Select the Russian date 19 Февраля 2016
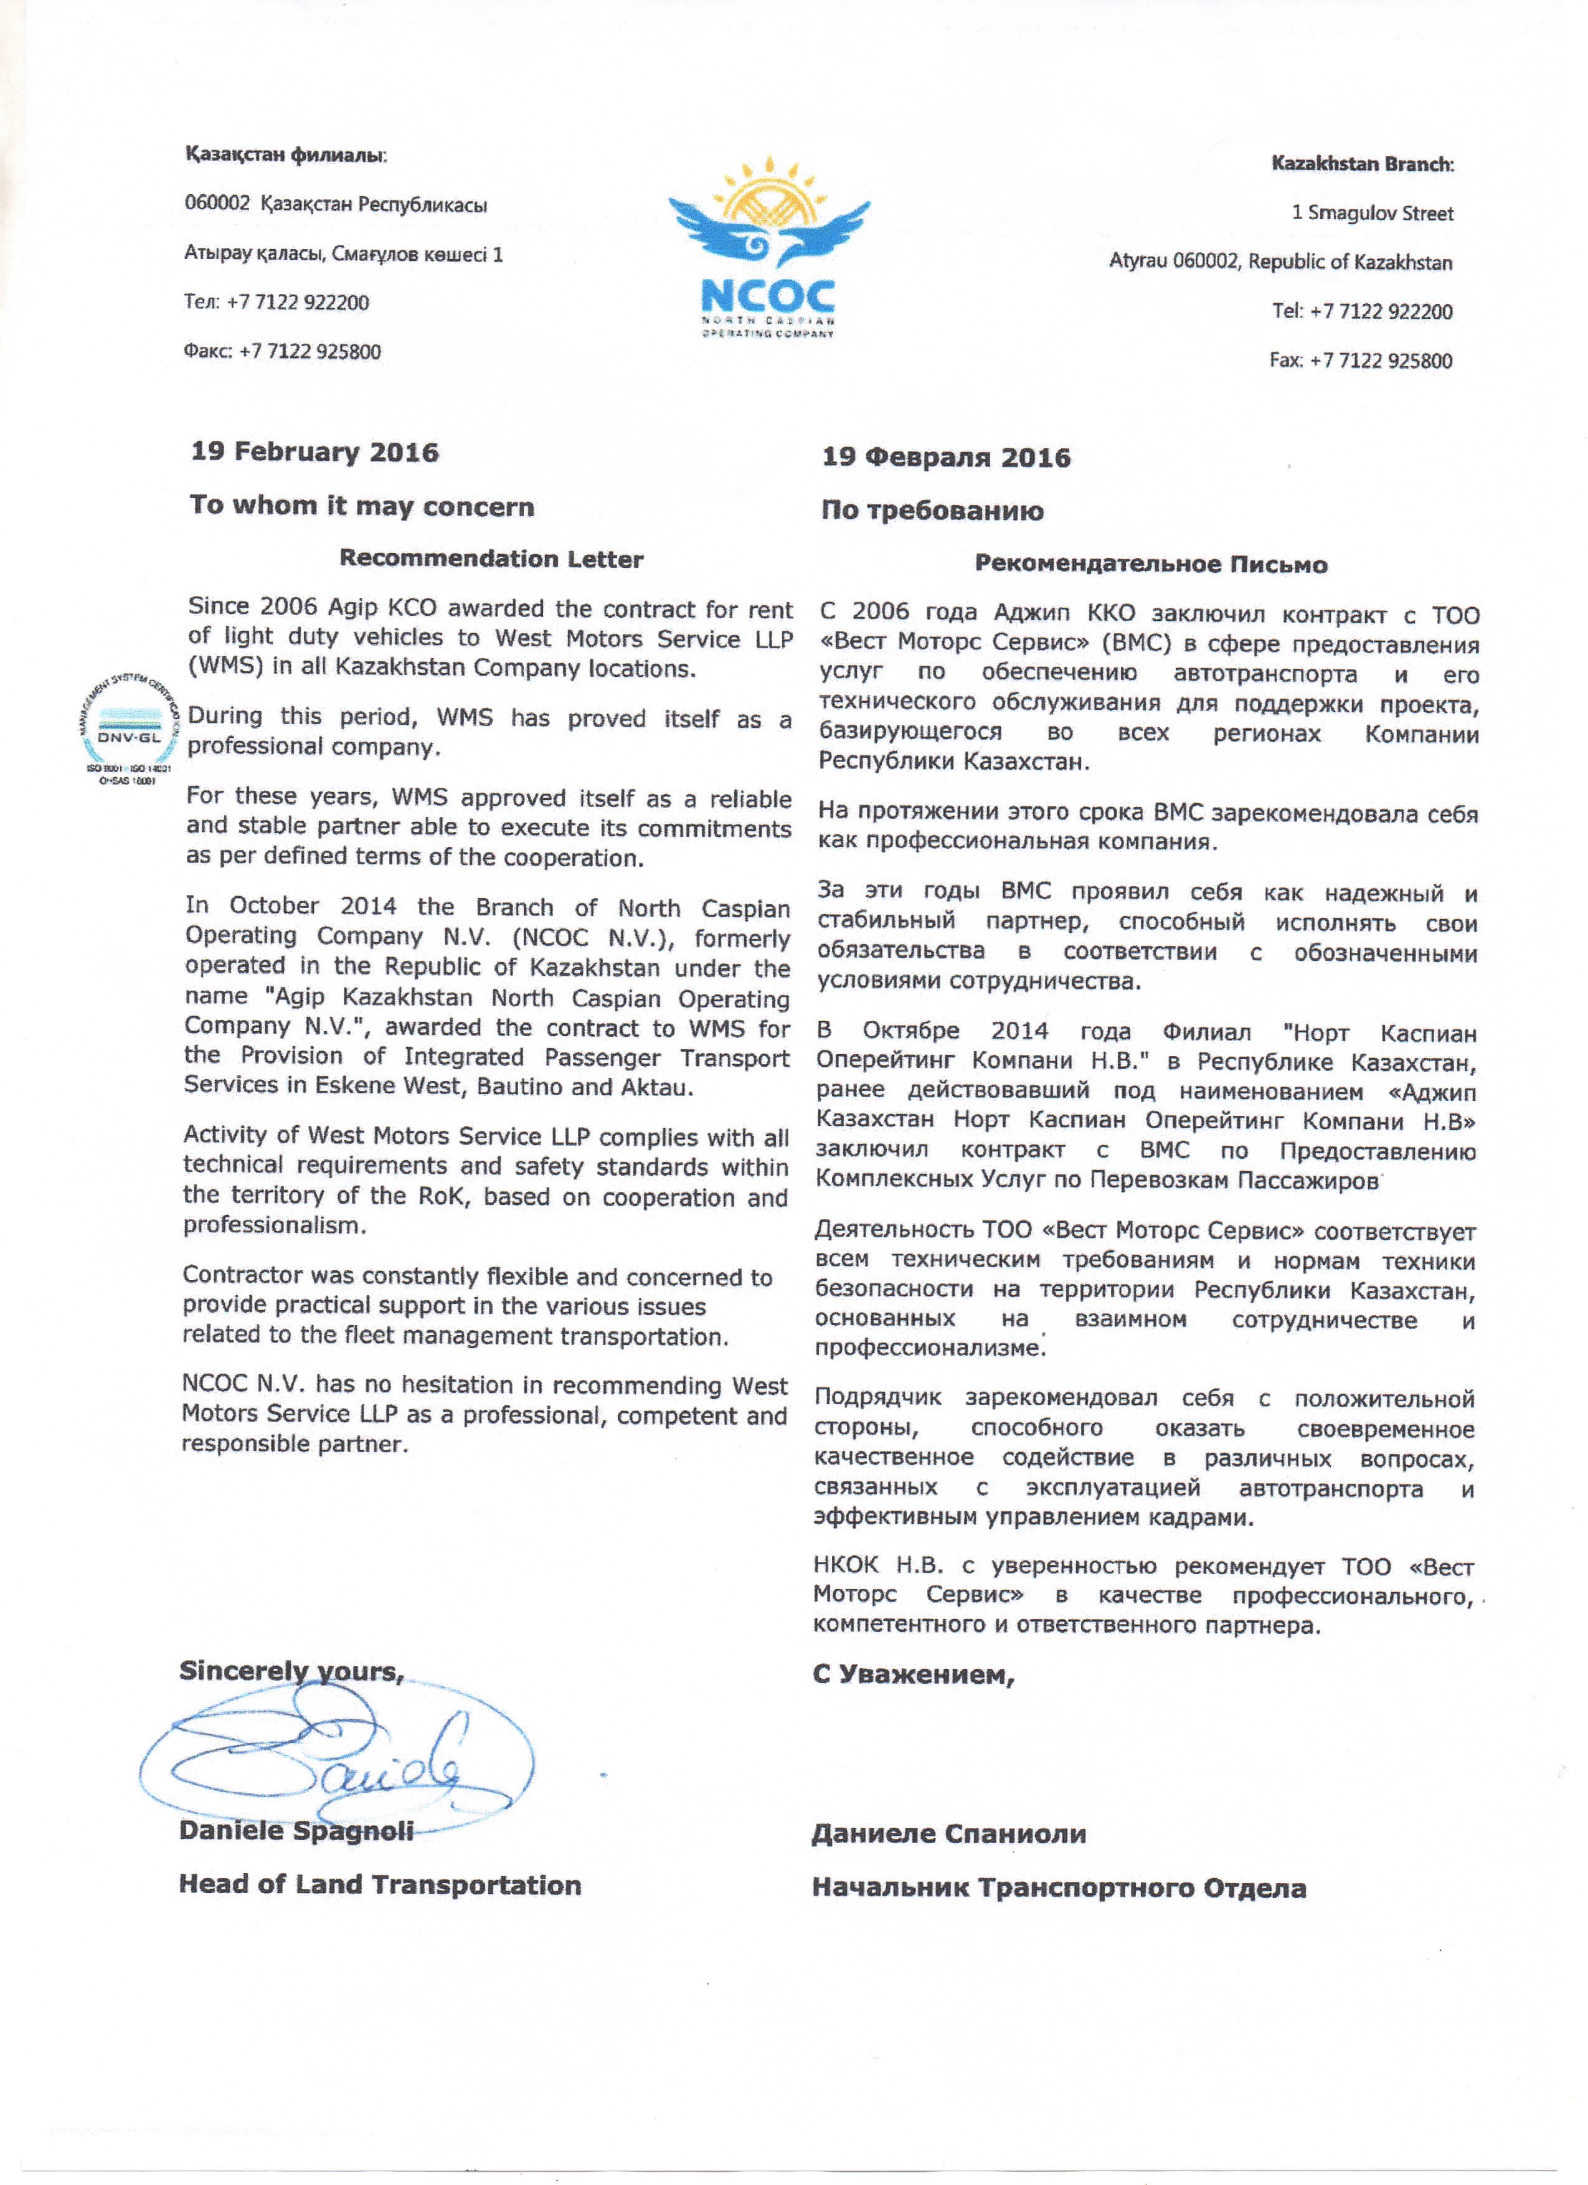tap(945, 458)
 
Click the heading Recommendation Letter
tap(491, 559)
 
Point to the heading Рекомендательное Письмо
tap(1151, 565)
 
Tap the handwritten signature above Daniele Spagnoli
tap(338, 1762)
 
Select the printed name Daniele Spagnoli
tap(296, 1831)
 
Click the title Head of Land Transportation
tap(380, 1884)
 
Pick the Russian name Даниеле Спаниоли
tap(948, 1833)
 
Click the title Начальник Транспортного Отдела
tap(1058, 1888)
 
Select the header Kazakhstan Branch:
tap(1361, 164)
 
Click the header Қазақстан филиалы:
tap(285, 155)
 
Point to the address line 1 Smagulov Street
tap(1372, 213)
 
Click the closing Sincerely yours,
tap(291, 1671)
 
